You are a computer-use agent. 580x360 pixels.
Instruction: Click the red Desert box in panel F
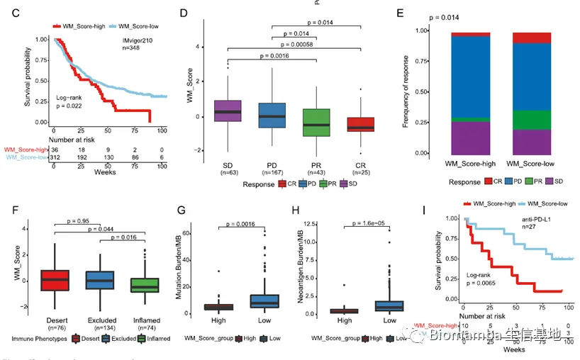point(57,280)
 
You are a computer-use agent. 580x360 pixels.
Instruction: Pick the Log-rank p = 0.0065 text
point(485,278)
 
